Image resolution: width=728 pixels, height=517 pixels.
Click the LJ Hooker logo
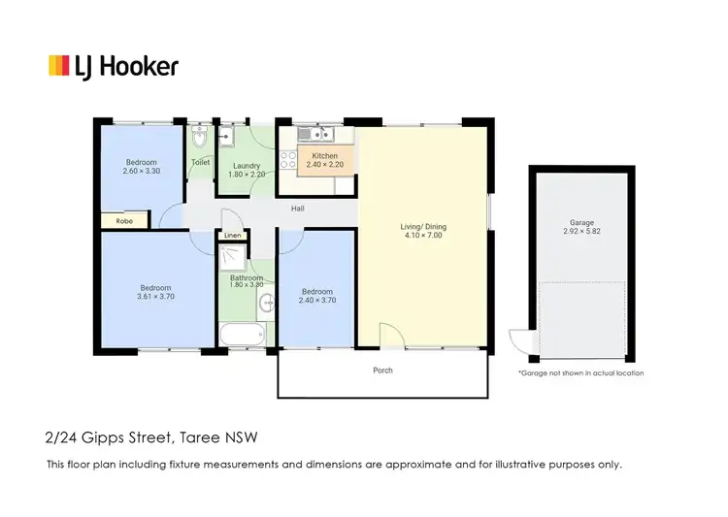pyautogui.click(x=114, y=66)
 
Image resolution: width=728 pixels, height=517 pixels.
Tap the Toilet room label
pyautogui.click(x=200, y=162)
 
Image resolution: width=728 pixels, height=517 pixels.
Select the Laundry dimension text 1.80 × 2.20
pyautogui.click(x=246, y=175)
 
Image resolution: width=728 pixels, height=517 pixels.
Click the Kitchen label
pyautogui.click(x=324, y=156)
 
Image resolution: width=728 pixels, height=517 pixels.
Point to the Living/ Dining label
pyautogui.click(x=423, y=227)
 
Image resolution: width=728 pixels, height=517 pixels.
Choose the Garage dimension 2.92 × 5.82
pyautogui.click(x=581, y=233)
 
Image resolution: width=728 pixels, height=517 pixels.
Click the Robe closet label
pyautogui.click(x=124, y=221)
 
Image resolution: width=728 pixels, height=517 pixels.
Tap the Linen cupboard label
pyautogui.click(x=233, y=236)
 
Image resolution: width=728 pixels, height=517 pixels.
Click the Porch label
pyautogui.click(x=383, y=370)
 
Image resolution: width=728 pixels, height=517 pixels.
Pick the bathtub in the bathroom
pyautogui.click(x=242, y=335)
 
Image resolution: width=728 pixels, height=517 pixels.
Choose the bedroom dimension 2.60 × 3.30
pyautogui.click(x=141, y=172)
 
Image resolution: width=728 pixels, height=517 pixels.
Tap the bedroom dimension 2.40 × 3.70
pyautogui.click(x=316, y=301)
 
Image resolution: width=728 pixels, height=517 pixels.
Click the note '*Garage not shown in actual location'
pyautogui.click(x=580, y=372)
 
